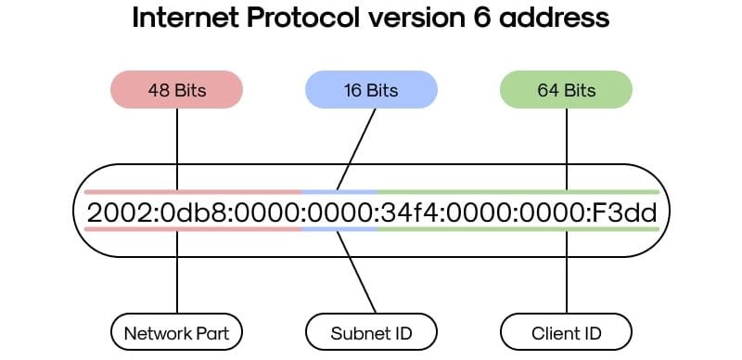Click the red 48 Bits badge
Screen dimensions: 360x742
(176, 91)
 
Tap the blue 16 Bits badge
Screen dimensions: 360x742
(371, 91)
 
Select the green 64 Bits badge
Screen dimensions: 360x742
(566, 91)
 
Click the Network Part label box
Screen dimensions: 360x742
(176, 331)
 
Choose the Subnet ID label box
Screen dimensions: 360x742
(371, 331)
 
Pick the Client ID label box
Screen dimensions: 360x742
(566, 331)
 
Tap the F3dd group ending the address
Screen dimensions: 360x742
(626, 212)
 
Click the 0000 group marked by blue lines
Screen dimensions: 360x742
(339, 212)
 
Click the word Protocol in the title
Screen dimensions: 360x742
(303, 19)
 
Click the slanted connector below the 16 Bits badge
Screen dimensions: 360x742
(356, 149)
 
